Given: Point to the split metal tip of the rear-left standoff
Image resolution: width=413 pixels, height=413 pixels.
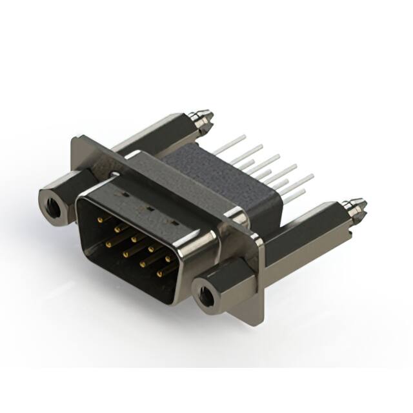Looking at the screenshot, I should (205, 118).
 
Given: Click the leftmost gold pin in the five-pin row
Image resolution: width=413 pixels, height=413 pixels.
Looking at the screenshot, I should (100, 220).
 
